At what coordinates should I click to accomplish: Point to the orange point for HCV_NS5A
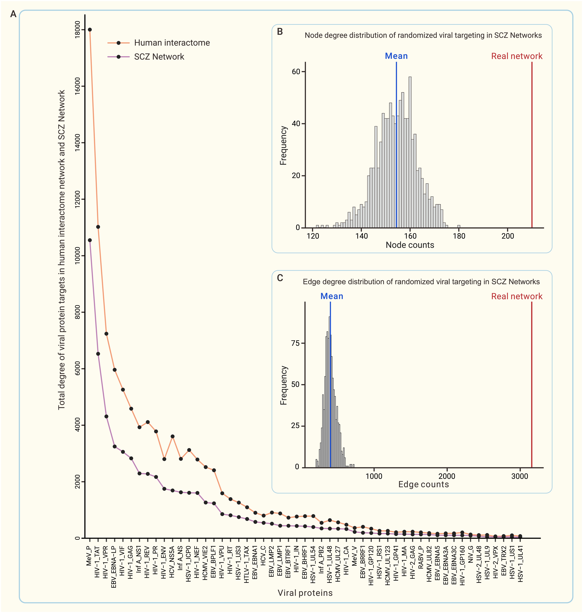click(173, 436)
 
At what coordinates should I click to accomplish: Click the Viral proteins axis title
click(305, 593)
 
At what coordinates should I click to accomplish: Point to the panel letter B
click(280, 32)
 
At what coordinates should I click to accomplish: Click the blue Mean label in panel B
click(396, 56)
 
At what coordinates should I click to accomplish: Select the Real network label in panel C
click(516, 296)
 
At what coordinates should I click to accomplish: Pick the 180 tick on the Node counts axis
click(459, 236)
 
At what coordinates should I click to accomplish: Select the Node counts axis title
click(410, 245)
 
